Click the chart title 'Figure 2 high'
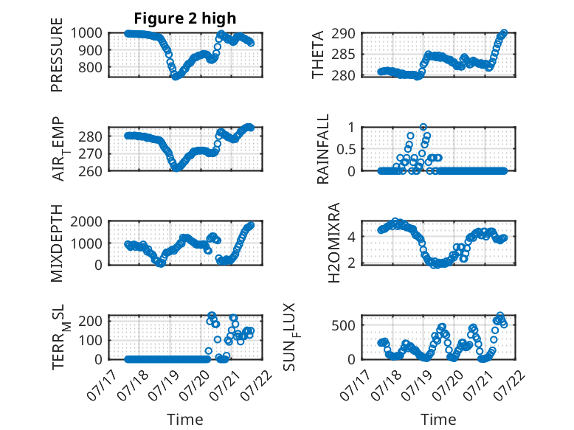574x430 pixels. click(x=185, y=18)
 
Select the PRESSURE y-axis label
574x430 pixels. click(x=57, y=55)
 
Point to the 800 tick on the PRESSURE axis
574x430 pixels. click(x=86, y=67)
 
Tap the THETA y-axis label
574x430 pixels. click(x=318, y=55)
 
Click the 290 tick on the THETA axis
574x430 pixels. click(x=343, y=34)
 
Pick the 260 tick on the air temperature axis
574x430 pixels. click(x=90, y=171)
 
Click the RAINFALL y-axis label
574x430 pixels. click(x=323, y=149)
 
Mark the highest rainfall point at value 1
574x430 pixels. click(x=423, y=127)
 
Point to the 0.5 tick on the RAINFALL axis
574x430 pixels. click(x=345, y=149)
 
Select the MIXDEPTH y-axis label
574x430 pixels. click(x=57, y=243)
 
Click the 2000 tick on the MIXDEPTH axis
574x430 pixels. click(x=86, y=222)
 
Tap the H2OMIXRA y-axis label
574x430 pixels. click(x=334, y=243)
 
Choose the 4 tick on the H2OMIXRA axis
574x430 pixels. click(x=351, y=237)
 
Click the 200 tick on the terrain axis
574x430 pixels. click(x=90, y=321)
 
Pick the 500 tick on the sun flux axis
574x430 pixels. click(x=343, y=325)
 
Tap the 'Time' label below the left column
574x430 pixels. click(x=185, y=420)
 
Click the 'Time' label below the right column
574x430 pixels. click(x=438, y=420)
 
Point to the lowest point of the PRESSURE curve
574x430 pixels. click(x=176, y=77)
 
